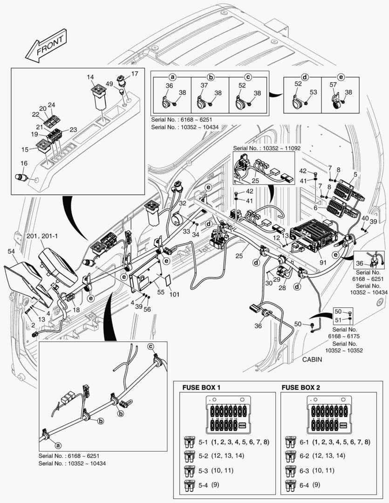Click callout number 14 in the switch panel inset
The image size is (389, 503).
pyautogui.click(x=90, y=76)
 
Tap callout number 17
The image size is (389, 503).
pyautogui.click(x=134, y=74)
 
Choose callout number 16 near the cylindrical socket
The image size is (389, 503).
pyautogui.click(x=24, y=163)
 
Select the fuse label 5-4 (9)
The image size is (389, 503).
pyautogui.click(x=205, y=485)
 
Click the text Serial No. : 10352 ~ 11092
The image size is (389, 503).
pyautogui.click(x=264, y=148)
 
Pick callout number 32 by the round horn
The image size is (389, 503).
pyautogui.click(x=183, y=203)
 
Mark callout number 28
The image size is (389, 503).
pyautogui.click(x=282, y=289)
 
